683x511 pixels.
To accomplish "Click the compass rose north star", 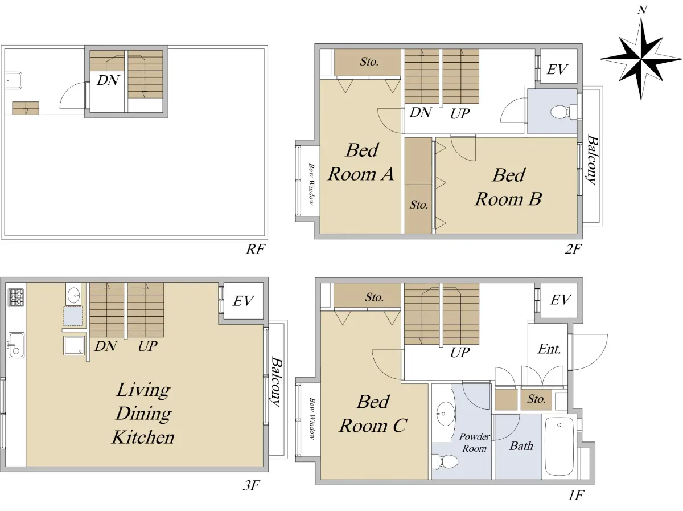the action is tap(641, 58).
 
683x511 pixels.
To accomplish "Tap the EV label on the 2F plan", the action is tap(557, 70).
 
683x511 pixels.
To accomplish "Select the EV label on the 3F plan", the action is tap(244, 301).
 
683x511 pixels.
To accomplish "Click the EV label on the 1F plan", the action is tap(561, 300).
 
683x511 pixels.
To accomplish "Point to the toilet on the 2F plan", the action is tap(563, 112).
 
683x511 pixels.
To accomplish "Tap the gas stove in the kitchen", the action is tap(15, 297).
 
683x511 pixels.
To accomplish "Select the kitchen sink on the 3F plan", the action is tap(16, 345).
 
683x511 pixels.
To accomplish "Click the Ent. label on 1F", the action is tap(549, 349).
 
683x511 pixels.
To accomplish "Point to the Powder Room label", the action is tap(475, 443).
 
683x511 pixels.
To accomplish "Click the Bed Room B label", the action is tap(508, 187).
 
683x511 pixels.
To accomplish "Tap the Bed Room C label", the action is tap(373, 414).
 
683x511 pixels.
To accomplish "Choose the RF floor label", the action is tap(256, 249).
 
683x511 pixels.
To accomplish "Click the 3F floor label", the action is tap(251, 485).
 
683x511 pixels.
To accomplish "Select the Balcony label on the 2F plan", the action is tap(592, 160).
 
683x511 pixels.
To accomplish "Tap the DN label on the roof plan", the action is tap(108, 80).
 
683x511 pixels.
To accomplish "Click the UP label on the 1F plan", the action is tap(460, 353).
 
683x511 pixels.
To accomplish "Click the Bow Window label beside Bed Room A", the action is tap(311, 184).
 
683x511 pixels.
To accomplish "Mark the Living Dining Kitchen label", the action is tap(143, 414).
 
